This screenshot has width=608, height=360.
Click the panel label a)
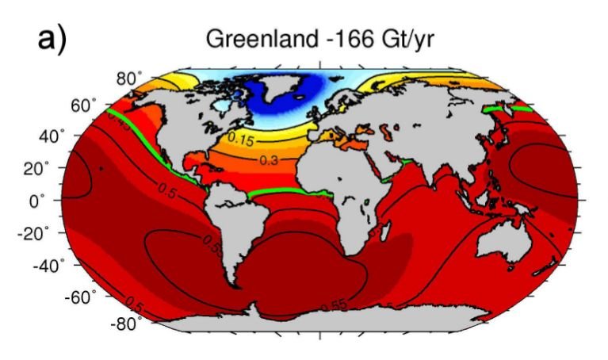coord(52,39)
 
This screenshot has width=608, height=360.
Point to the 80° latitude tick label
coord(128,79)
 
